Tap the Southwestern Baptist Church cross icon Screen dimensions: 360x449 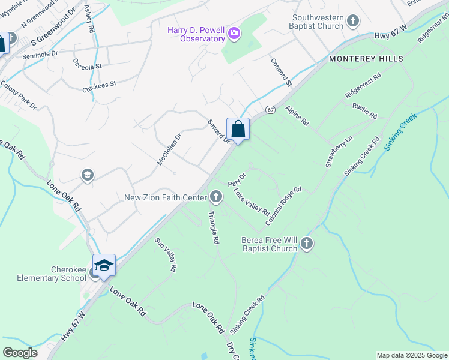(353, 21)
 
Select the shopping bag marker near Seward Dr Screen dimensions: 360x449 (238, 129)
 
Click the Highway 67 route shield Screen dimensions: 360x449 (271, 110)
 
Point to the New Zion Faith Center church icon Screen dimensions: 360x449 (215, 197)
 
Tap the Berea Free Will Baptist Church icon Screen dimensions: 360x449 (306, 244)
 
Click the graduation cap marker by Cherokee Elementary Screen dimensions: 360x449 (104, 266)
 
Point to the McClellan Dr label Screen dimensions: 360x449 (169, 149)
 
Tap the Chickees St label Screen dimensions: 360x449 (99, 86)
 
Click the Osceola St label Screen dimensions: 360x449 (88, 63)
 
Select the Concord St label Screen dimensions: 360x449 (281, 72)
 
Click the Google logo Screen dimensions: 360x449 (20, 353)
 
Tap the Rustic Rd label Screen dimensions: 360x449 (364, 110)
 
